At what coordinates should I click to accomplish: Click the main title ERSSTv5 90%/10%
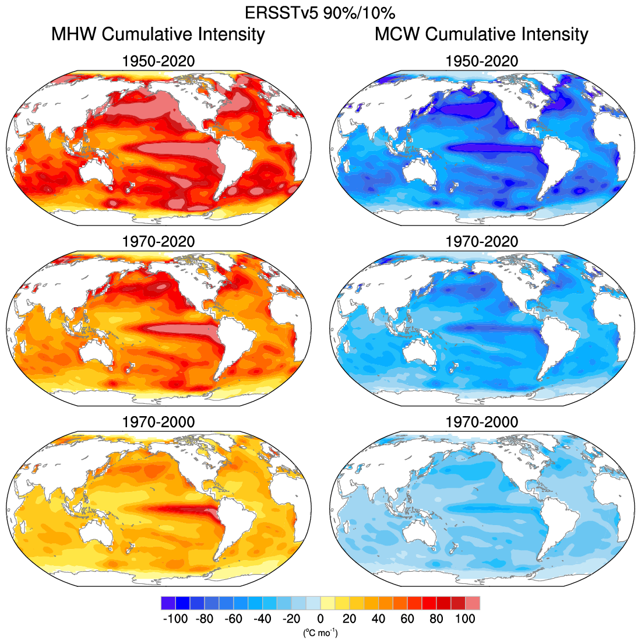tap(320, 13)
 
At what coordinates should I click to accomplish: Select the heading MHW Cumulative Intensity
tap(158, 34)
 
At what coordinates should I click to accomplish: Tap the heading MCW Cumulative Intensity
tap(481, 34)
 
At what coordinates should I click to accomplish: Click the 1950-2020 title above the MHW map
tap(158, 61)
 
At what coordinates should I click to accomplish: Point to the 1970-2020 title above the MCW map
tap(481, 241)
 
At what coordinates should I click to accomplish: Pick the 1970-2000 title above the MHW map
tap(158, 421)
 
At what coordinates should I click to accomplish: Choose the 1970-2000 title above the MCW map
tap(481, 421)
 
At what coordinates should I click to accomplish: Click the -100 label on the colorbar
tap(175, 618)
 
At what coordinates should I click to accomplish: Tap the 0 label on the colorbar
tap(320, 618)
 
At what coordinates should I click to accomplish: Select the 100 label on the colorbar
tap(465, 618)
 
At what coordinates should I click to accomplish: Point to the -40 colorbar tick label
tap(262, 618)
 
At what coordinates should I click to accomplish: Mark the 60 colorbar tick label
tap(407, 618)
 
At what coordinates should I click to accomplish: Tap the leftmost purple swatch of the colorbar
tap(168, 603)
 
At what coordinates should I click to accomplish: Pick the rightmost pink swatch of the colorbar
tap(473, 603)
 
